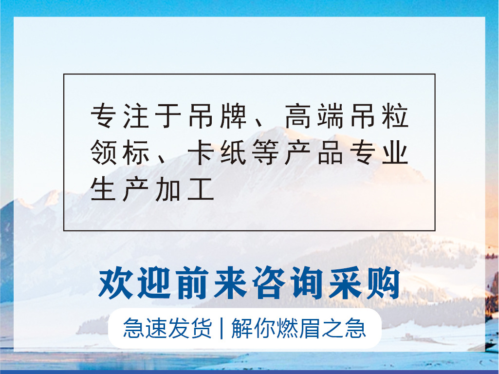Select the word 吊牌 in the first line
(217, 117)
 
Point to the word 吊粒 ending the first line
(377, 117)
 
